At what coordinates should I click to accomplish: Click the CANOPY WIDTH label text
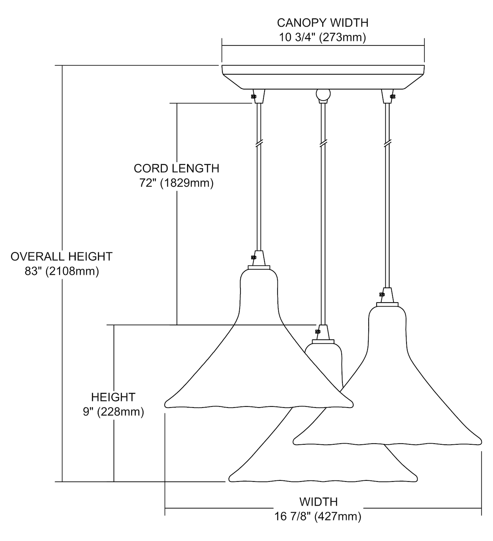323,23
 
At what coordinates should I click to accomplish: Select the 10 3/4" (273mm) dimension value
323,37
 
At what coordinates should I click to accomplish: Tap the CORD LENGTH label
176,168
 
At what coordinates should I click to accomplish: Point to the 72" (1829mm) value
176,183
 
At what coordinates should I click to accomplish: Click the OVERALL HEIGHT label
62,256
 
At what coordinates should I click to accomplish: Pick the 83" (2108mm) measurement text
62,271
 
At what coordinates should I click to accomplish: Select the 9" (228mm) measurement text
113,412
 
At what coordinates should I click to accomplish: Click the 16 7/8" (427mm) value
318,516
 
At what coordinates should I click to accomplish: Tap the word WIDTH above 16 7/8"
318,502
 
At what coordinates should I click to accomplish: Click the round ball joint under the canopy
323,94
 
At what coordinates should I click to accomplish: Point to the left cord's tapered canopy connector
259,96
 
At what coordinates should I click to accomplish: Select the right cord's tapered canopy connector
387,96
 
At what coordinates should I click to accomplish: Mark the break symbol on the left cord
259,143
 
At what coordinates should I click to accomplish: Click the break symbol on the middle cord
323,143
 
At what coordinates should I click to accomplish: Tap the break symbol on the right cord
387,143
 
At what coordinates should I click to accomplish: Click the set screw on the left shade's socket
253,258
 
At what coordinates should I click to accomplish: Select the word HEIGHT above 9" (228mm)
113,397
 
